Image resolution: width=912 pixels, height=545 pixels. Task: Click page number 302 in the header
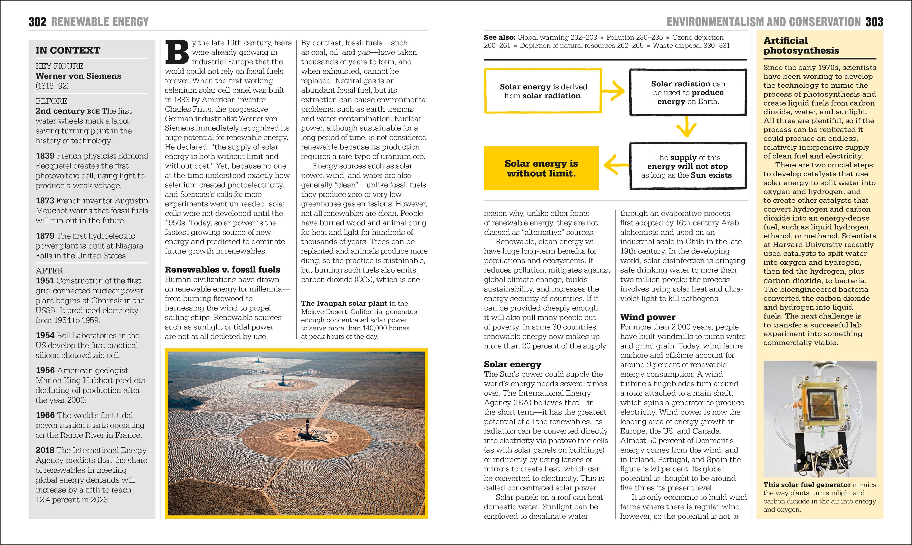click(37, 22)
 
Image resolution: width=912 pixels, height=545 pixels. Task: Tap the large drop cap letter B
click(177, 52)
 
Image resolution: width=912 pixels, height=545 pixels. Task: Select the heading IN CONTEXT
click(68, 50)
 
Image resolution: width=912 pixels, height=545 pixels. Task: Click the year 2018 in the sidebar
click(45, 450)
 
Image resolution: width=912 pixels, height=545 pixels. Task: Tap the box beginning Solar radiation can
click(688, 93)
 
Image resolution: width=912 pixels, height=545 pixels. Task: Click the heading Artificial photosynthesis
click(801, 46)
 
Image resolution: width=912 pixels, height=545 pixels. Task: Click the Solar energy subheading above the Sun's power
click(512, 364)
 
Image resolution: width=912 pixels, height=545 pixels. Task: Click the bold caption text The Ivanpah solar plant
click(344, 303)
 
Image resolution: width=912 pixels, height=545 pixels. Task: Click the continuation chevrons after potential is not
click(736, 517)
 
